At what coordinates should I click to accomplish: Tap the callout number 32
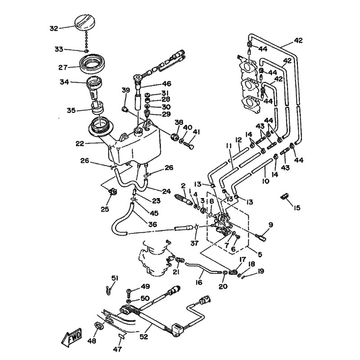(54, 29)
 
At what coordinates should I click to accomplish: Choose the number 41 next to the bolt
(196, 132)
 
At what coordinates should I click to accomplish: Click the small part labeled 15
(284, 196)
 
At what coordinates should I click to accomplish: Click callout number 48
(92, 342)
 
